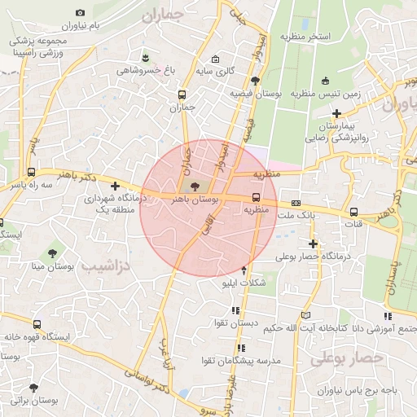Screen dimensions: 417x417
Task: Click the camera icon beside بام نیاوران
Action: click(x=80, y=13)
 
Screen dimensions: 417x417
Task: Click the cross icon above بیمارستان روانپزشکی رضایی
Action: click(x=336, y=113)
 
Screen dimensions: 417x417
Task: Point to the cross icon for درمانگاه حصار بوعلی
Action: click(x=313, y=244)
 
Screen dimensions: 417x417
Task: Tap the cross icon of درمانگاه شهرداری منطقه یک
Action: click(x=116, y=186)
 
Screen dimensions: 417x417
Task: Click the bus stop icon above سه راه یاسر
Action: click(x=31, y=173)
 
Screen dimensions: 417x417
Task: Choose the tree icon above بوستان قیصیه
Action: click(x=256, y=81)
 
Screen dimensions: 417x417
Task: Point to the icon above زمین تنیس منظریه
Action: click(x=326, y=81)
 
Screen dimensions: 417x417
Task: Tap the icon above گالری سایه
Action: click(x=215, y=59)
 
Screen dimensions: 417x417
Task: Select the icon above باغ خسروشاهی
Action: click(x=146, y=57)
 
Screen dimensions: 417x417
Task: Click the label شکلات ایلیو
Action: click(x=243, y=284)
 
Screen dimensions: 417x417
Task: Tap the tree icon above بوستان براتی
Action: click(x=34, y=388)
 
